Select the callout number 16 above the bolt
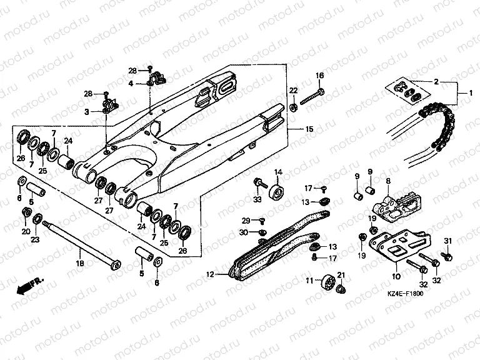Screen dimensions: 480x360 [319, 76]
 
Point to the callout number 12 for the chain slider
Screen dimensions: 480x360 [210, 274]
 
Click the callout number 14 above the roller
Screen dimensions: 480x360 [278, 172]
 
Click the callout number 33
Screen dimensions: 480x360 [257, 199]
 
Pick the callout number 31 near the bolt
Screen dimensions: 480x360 [447, 241]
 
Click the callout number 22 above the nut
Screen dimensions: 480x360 [293, 91]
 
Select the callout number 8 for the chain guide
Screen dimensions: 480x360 [387, 181]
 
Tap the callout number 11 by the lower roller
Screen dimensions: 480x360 [309, 281]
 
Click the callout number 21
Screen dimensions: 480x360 [341, 276]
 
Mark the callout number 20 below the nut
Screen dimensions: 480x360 [26, 232]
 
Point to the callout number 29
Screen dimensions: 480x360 [246, 221]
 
